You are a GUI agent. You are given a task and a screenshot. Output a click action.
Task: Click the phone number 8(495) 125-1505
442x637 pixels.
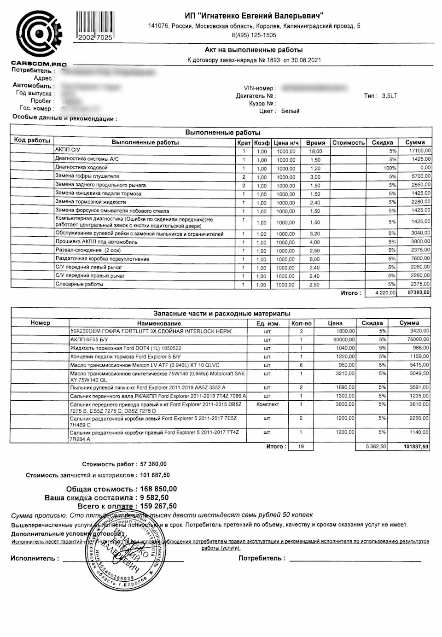[x=254, y=35]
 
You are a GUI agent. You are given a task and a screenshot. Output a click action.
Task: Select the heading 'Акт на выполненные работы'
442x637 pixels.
[x=254, y=50]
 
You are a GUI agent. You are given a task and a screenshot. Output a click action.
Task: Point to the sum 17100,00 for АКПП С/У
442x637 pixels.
[x=419, y=151]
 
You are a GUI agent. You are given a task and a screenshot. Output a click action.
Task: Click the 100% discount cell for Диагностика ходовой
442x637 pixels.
[x=390, y=168]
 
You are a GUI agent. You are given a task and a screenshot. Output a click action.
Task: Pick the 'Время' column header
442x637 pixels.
[x=315, y=143]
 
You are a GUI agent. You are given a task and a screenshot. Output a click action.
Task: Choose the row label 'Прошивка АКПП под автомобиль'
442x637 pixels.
[x=96, y=242]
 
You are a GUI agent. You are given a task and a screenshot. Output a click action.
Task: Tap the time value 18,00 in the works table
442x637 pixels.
[x=315, y=151]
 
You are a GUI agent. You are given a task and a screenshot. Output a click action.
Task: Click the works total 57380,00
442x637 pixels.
[x=419, y=293]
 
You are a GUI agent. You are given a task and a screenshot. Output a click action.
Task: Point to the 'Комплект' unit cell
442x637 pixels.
[x=268, y=404]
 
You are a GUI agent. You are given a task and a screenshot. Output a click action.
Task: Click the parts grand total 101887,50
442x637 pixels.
[x=416, y=447]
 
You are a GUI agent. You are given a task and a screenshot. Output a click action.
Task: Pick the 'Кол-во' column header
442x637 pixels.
[x=302, y=323]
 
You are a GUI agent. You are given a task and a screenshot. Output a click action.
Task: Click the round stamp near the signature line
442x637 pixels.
[x=123, y=550]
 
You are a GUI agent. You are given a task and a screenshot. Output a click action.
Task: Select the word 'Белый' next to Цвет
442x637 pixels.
[x=290, y=111]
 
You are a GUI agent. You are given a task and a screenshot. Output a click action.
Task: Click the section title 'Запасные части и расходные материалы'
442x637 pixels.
[x=221, y=313]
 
